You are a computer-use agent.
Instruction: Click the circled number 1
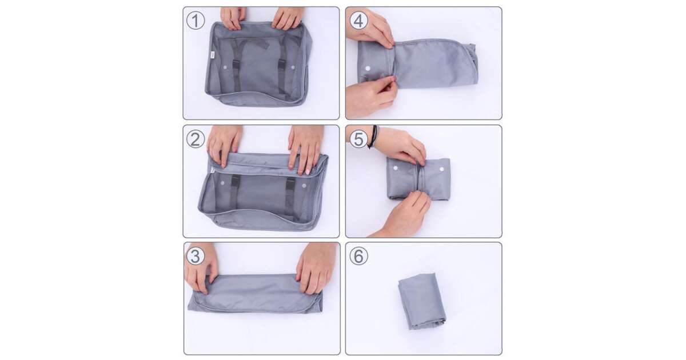click(196, 21)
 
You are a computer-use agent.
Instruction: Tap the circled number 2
click(196, 139)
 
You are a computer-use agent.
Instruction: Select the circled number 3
click(196, 256)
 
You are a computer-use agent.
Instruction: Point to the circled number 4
click(358, 21)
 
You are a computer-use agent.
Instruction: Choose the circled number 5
click(358, 139)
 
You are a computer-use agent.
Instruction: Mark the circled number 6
click(358, 256)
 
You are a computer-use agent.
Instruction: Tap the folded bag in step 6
click(422, 301)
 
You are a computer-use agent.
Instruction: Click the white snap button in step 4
click(368, 68)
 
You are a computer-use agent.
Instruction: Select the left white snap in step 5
click(396, 168)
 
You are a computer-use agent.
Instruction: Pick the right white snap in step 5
click(441, 169)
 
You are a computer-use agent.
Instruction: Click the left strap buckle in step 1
click(236, 66)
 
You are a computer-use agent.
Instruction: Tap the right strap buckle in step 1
click(281, 66)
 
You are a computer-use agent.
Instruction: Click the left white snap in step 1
click(225, 67)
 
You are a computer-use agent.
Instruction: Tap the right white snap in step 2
click(304, 186)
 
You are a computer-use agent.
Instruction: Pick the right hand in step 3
click(316, 268)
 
